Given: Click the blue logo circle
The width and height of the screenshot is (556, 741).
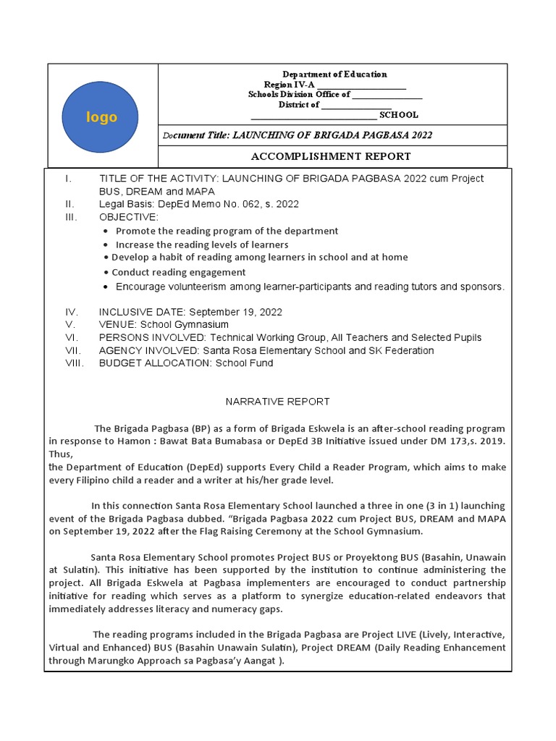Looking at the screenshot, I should (101, 117).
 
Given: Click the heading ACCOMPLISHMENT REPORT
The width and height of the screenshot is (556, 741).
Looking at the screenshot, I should (331, 156).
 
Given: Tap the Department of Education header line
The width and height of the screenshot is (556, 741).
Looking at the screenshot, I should (334, 74).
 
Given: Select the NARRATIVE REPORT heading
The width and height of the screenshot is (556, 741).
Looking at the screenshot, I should (277, 401).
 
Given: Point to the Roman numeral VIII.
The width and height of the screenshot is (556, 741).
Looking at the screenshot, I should (75, 363).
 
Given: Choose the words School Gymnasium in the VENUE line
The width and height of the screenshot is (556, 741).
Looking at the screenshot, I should (185, 325).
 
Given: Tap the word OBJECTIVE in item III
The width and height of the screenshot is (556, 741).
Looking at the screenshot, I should (127, 217).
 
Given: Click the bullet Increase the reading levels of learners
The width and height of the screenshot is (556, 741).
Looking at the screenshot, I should (202, 245).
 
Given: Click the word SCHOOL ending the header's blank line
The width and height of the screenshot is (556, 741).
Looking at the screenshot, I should (399, 115).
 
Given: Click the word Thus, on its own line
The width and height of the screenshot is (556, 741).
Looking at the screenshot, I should (61, 454).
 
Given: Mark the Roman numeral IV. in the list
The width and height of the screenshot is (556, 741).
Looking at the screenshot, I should (72, 312).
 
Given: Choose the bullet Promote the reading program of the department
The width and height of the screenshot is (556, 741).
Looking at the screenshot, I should (227, 231).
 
